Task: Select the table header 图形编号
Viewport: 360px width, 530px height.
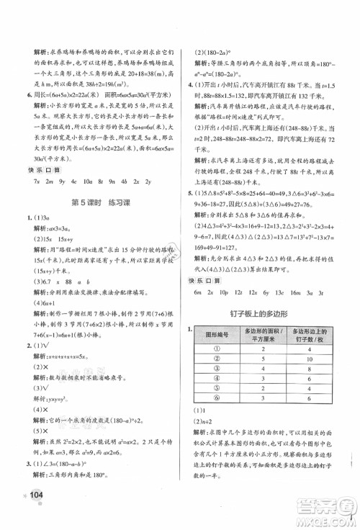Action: point(217,334)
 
